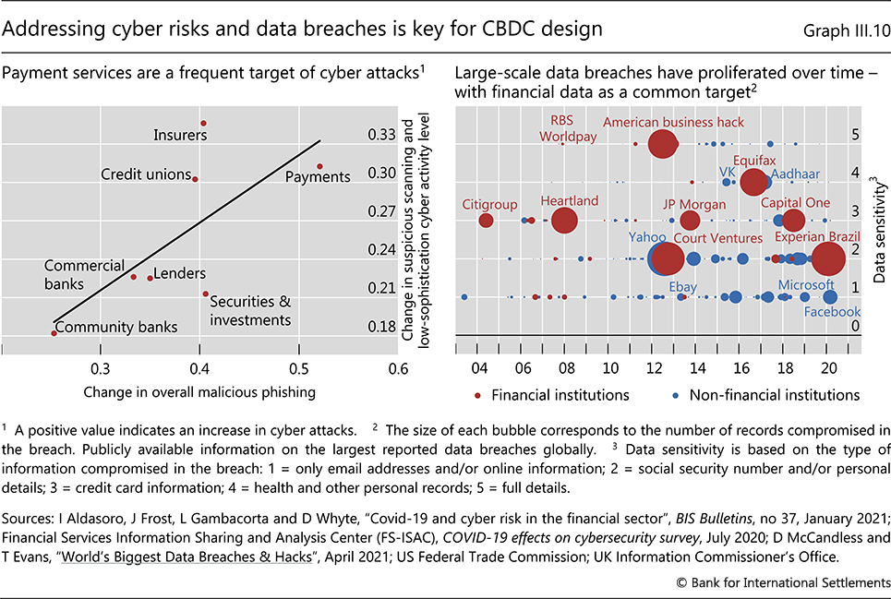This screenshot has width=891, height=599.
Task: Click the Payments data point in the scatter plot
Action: click(x=319, y=166)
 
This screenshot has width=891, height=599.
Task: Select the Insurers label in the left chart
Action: click(x=180, y=136)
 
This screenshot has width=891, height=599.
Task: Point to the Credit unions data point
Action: click(x=195, y=178)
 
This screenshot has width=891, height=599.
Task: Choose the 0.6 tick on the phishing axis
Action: click(x=398, y=367)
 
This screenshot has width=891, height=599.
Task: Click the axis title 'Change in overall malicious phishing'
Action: click(x=199, y=392)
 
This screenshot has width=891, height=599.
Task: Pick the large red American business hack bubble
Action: click(x=662, y=143)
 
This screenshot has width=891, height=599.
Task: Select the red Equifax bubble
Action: click(x=754, y=182)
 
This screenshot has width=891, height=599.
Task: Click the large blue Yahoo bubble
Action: click(x=662, y=259)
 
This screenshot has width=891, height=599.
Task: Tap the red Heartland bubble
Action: click(x=564, y=221)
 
